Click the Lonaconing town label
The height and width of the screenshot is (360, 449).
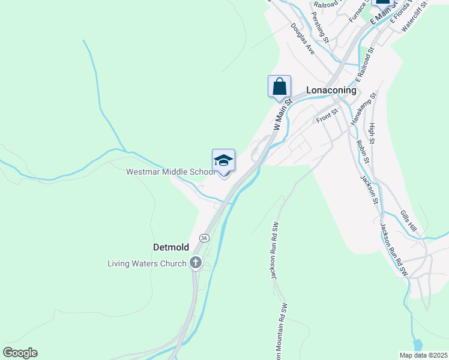tap(331, 90)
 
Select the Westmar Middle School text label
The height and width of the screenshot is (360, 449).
tap(170, 172)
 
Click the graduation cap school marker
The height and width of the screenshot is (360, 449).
tap(223, 161)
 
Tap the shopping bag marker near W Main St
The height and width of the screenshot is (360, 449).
tap(279, 86)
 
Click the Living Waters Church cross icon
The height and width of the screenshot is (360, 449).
tap(195, 263)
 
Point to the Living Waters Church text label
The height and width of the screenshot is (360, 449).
tap(147, 263)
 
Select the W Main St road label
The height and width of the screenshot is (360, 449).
tap(282, 115)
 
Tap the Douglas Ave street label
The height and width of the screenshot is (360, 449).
tap(303, 37)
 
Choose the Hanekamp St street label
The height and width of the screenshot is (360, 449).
tap(363, 109)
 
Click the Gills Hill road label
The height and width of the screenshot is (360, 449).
tap(408, 220)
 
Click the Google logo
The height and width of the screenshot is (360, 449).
tap(20, 353)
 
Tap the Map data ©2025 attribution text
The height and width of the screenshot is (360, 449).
tap(423, 355)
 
